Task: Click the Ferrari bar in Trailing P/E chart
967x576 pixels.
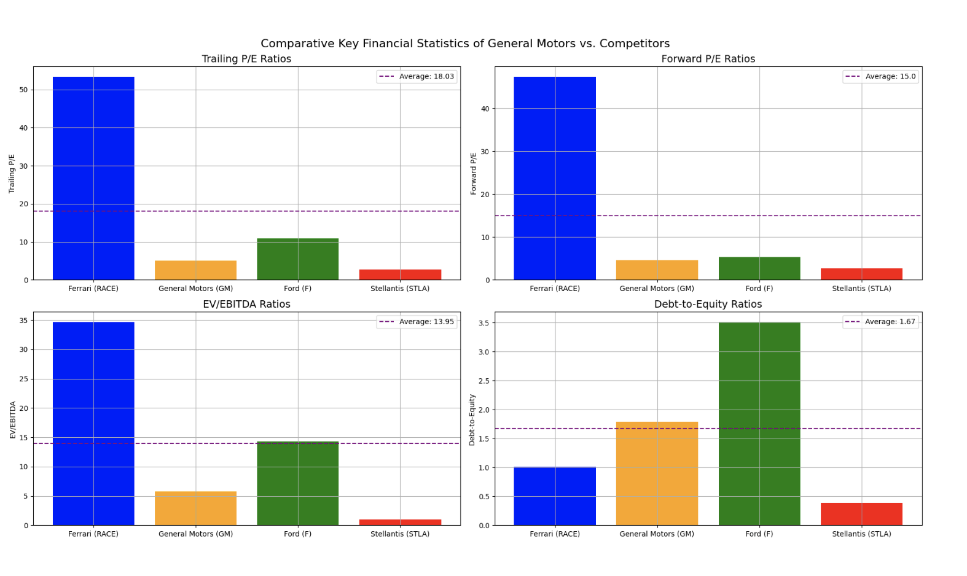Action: (93, 178)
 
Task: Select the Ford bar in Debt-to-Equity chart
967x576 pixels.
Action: (759, 424)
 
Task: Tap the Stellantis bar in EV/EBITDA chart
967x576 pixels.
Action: (400, 522)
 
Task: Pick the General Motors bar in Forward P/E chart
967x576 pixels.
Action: (657, 270)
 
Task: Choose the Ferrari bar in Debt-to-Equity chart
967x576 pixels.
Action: (555, 496)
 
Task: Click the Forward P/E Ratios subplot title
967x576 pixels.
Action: (708, 59)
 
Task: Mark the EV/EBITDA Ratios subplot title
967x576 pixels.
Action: (246, 304)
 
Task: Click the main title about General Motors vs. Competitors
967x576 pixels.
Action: (465, 44)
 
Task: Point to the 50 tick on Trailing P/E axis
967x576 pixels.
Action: (23, 90)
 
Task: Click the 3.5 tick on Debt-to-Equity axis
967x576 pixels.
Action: (484, 323)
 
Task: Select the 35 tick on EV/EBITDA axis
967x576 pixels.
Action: (23, 321)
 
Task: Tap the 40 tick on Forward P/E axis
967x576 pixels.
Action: (485, 109)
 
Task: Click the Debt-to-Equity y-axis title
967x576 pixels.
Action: (472, 419)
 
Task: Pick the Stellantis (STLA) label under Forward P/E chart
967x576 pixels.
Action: (861, 289)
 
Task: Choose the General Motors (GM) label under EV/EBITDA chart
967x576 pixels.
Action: (195, 534)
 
